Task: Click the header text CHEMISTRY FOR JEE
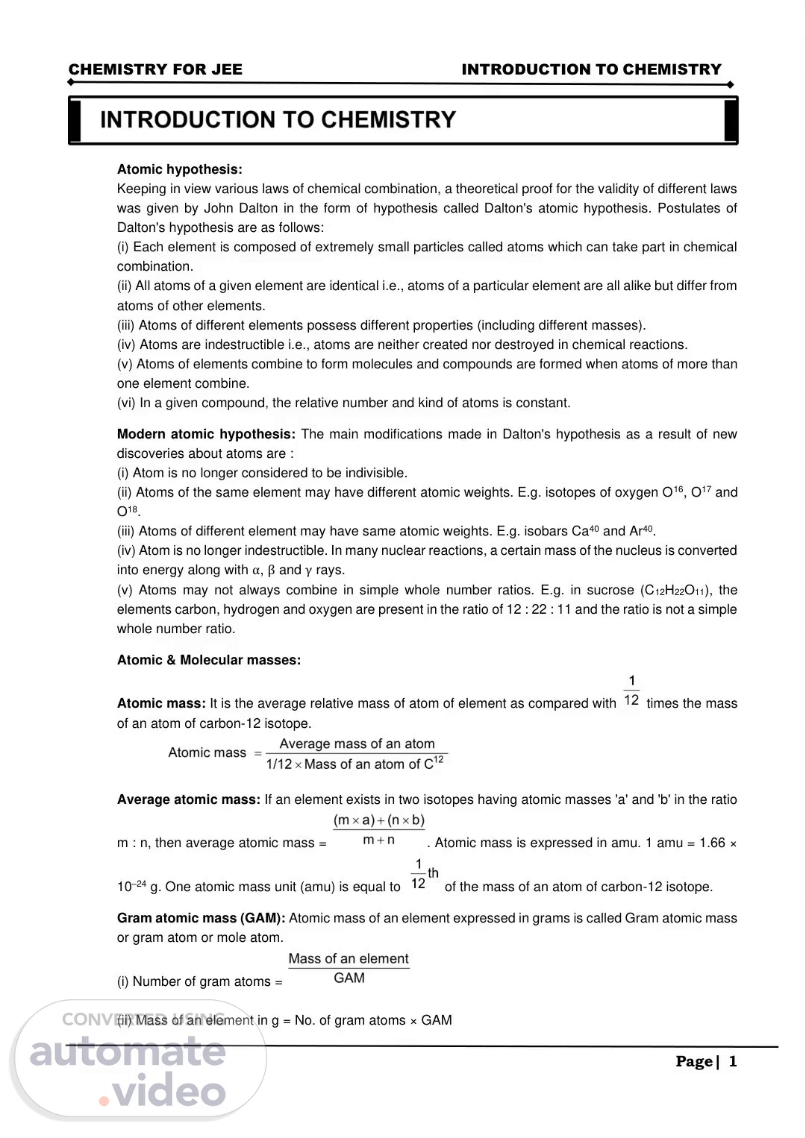pyautogui.click(x=155, y=69)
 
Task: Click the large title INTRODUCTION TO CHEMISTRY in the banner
pyautogui.click(x=278, y=120)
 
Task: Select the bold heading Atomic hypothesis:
pyautogui.click(x=179, y=169)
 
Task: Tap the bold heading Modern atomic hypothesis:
pyautogui.click(x=206, y=434)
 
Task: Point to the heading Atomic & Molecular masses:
pyautogui.click(x=209, y=660)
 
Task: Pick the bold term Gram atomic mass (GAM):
pyautogui.click(x=201, y=918)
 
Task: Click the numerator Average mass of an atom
pyautogui.click(x=357, y=744)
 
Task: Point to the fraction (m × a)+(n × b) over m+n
pyautogui.click(x=379, y=830)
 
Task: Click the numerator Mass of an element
pyautogui.click(x=349, y=959)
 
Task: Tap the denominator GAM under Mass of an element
pyautogui.click(x=349, y=978)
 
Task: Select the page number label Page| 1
pyautogui.click(x=706, y=1061)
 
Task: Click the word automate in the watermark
pyautogui.click(x=127, y=1052)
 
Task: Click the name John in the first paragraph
pyautogui.click(x=219, y=208)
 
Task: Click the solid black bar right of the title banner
pyautogui.click(x=731, y=120)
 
